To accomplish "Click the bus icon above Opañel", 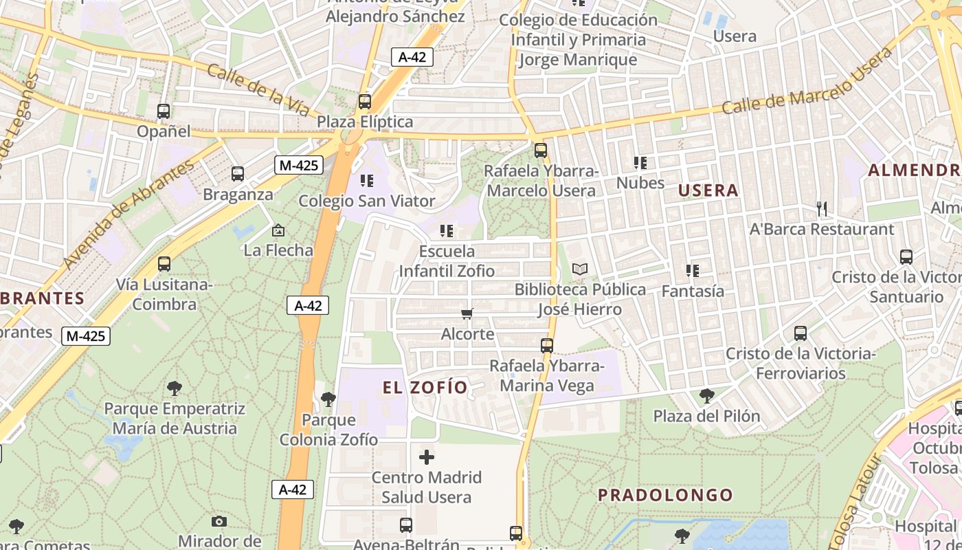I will coord(164,111).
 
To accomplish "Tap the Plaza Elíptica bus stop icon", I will coord(365,102).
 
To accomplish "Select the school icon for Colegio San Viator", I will coord(367,181).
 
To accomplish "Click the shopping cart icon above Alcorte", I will coord(467,314).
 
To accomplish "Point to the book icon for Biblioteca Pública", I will coord(580,269).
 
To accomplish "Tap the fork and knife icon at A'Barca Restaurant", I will coord(821,208).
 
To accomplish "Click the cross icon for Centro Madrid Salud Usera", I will coord(427,456).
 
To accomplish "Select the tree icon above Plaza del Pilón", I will coord(706,396).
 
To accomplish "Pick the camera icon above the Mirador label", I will coord(219,521).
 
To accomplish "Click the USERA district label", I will coord(708,190).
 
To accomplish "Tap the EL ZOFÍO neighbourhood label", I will coord(425,387).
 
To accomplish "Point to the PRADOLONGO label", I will coord(665,495).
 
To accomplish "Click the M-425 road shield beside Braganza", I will coord(298,165).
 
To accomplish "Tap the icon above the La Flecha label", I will coord(278,230).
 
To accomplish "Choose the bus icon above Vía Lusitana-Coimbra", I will coord(164,264).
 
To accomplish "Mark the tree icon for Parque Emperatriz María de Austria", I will coord(175,388).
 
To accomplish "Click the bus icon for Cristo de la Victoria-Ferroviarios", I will coord(801,333).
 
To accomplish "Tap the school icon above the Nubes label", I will coord(640,163).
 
